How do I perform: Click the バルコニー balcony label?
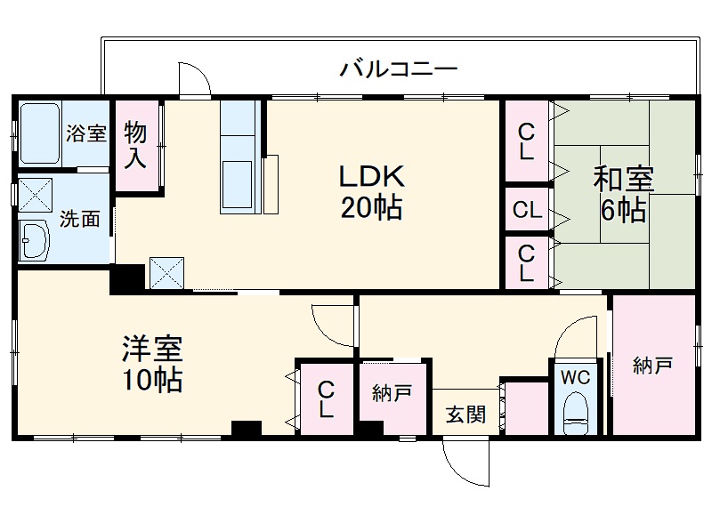(x=398, y=68)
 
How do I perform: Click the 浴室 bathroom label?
(x=85, y=133)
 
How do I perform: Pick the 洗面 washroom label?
(x=79, y=219)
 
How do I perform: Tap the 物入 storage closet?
(x=135, y=145)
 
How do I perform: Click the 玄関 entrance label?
(x=465, y=414)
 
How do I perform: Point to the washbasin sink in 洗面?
(x=36, y=239)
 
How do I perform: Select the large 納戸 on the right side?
(x=652, y=365)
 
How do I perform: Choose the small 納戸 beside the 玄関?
(x=392, y=392)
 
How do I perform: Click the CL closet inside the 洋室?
(x=326, y=399)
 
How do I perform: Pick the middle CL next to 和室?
(x=527, y=211)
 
